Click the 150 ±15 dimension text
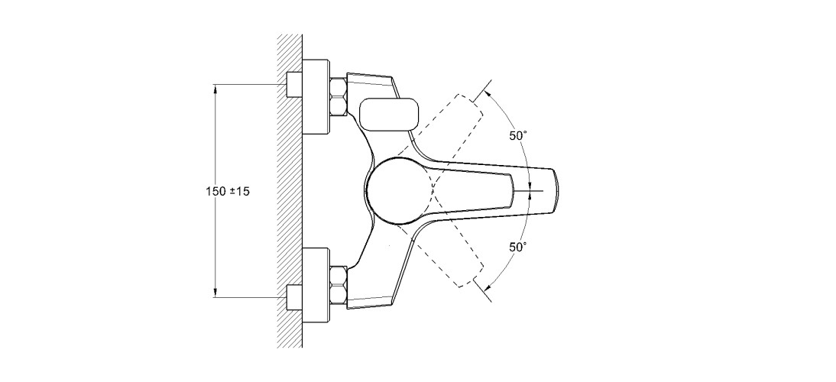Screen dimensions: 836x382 tap(228, 191)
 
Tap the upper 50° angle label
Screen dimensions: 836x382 tap(517, 136)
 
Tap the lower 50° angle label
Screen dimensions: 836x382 tap(517, 247)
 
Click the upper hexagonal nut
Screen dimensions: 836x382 tap(339, 96)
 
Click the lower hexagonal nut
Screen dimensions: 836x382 tap(339, 285)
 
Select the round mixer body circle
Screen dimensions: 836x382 tap(400, 190)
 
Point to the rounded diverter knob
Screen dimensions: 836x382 tap(389, 114)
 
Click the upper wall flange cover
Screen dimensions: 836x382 tap(316, 96)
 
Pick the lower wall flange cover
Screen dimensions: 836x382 tap(316, 285)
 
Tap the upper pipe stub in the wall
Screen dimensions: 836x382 tap(294, 84)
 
